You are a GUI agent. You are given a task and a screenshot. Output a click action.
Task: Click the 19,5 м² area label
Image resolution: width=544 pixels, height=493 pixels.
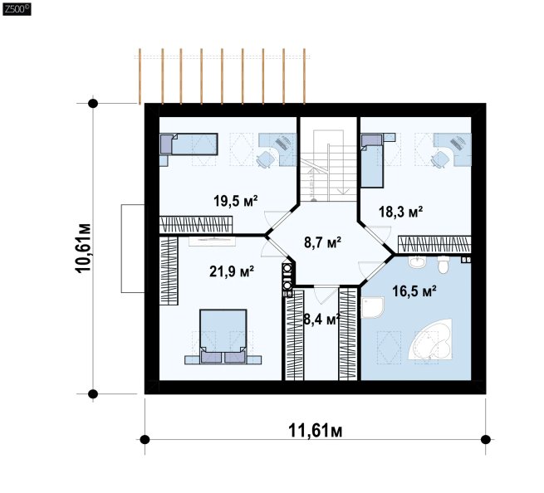[x=236, y=201]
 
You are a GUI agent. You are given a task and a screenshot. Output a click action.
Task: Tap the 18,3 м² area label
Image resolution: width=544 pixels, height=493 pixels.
[x=400, y=212]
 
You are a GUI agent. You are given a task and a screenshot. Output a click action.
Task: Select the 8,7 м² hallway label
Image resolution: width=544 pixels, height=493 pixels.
[x=322, y=242]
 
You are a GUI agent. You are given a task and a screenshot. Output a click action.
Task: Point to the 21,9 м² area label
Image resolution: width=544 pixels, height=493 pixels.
[x=232, y=271]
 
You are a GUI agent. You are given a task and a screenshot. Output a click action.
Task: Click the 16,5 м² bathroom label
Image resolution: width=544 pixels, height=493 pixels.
[x=414, y=291]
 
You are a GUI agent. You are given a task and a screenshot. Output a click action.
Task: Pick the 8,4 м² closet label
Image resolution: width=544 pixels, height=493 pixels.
[x=321, y=320]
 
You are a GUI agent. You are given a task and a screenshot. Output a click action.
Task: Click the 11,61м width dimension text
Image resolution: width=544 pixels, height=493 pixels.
[x=316, y=431]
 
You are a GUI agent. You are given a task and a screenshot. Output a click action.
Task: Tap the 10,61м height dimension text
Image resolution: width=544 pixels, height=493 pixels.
[x=84, y=248]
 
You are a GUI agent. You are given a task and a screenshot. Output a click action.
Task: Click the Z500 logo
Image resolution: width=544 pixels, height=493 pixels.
[x=17, y=9]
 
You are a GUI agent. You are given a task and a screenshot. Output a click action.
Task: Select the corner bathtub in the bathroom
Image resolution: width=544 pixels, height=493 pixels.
[x=430, y=339]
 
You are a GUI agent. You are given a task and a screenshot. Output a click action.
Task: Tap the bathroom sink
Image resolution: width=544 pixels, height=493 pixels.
[x=417, y=261]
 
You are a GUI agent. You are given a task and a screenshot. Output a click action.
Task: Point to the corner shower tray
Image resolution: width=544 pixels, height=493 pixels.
[x=372, y=307]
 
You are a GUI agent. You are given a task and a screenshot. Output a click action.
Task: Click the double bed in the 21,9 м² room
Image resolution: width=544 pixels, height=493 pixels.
[x=223, y=336]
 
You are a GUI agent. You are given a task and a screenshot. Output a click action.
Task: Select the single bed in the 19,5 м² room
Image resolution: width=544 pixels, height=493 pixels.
[x=189, y=144]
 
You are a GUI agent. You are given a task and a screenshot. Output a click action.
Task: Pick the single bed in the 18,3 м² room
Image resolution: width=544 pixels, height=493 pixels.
[x=372, y=161]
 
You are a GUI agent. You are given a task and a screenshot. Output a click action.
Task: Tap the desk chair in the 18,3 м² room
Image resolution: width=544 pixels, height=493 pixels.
[x=439, y=159]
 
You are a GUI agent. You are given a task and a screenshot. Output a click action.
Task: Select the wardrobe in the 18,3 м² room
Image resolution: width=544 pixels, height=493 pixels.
[x=434, y=244]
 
